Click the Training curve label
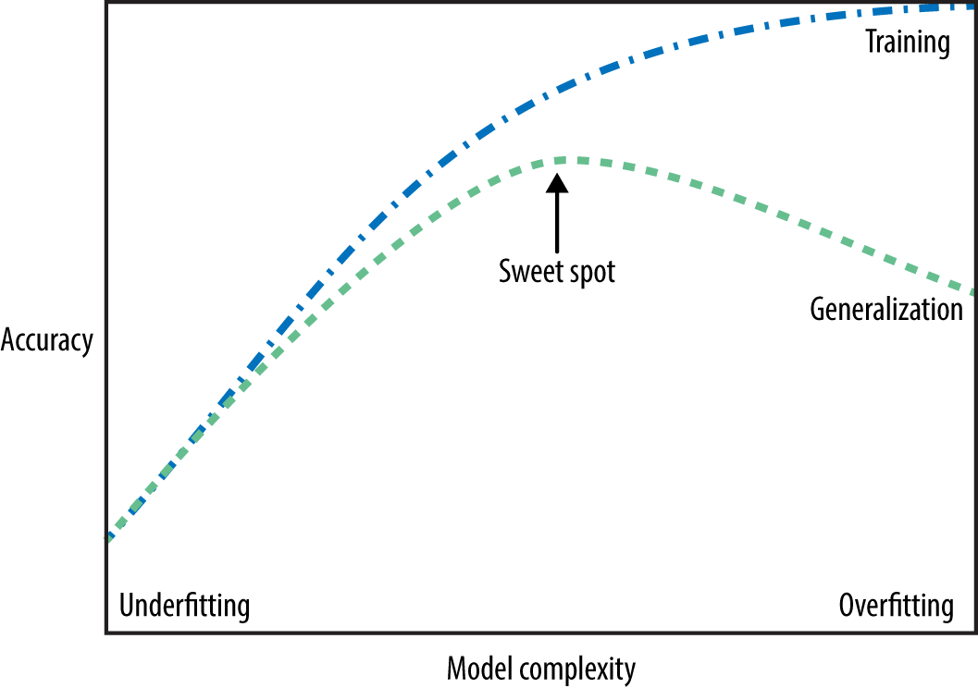pos(907,43)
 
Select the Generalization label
pos(886,309)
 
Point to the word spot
pos(588,273)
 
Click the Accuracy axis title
pos(47,341)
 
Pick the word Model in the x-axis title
pos(476,668)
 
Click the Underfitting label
pos(185,607)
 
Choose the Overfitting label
pos(896,607)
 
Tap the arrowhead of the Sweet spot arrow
pos(557,181)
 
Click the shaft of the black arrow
pos(557,222)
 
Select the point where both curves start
pos(109,536)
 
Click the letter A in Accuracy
pos(8,340)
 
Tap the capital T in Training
pos(871,42)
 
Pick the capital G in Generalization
pos(818,309)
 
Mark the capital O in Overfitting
pos(848,607)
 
